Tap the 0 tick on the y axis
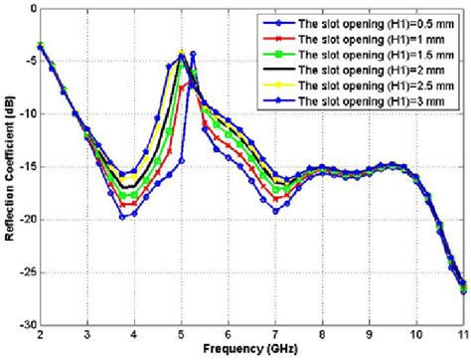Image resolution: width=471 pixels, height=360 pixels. click(30, 7)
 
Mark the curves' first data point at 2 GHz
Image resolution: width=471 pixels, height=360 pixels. click(40, 45)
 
